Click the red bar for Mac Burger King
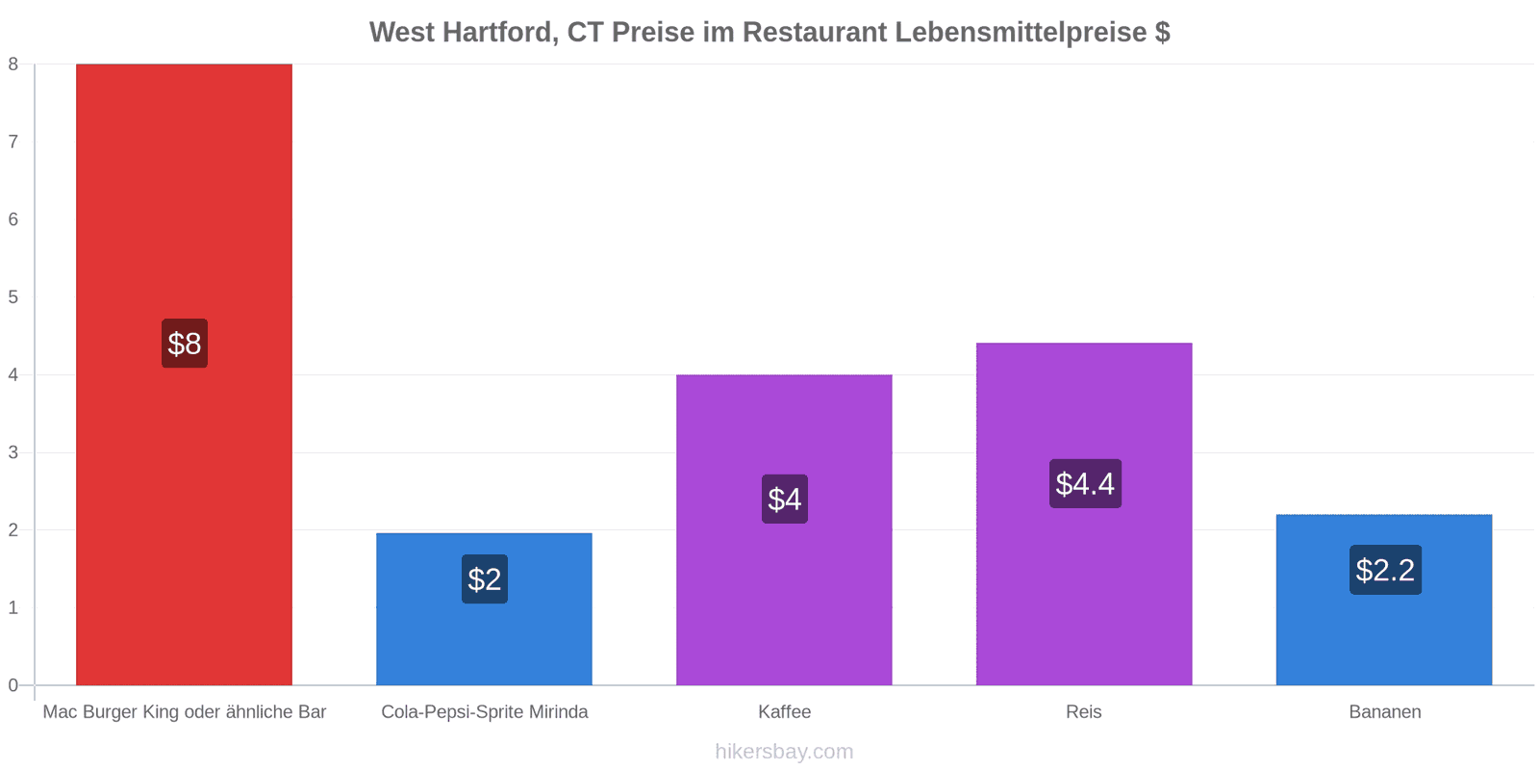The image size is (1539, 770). tap(184, 374)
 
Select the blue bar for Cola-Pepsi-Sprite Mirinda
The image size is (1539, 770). tap(485, 609)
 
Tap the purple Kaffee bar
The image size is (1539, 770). tap(784, 530)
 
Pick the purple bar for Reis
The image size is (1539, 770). tap(1084, 514)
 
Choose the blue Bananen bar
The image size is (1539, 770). tap(1384, 601)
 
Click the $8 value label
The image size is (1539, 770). tap(185, 343)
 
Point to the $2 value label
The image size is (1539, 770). tap(485, 578)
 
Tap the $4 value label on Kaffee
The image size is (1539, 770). tap(785, 500)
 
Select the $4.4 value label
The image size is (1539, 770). tap(1085, 483)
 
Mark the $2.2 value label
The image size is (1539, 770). tap(1385, 570)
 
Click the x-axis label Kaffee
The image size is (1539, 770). tap(785, 711)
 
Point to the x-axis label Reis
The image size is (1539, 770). tap(1083, 711)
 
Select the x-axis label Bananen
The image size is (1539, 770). tap(1385, 711)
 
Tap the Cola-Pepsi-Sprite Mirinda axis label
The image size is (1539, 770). tap(485, 711)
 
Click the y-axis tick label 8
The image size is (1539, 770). tap(13, 64)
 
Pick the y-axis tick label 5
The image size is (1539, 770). tap(13, 297)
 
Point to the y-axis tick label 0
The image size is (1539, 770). tap(13, 685)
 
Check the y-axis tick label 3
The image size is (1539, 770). tap(13, 452)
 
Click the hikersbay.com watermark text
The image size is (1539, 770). tap(784, 751)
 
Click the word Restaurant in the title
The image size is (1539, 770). tap(814, 33)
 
